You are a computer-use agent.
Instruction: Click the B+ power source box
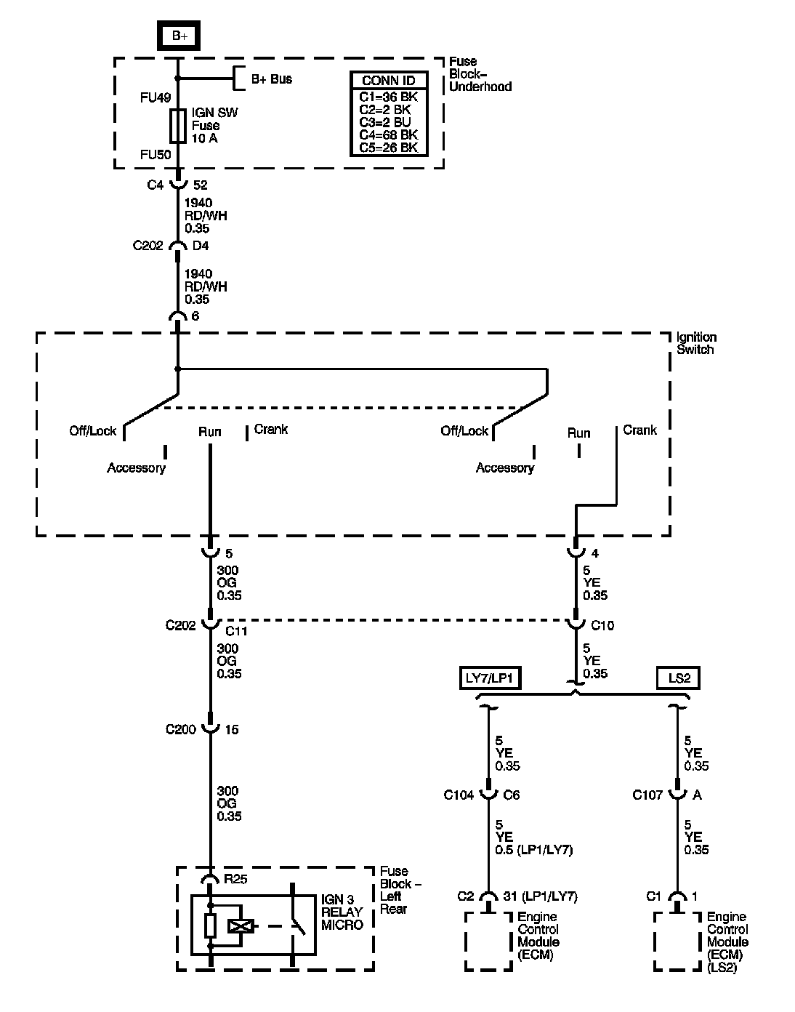[178, 36]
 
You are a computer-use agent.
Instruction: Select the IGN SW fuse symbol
[177, 126]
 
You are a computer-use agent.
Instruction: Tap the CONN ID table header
[389, 81]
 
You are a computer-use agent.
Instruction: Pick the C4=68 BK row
[389, 134]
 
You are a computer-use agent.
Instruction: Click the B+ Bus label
[272, 79]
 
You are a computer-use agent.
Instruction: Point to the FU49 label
[156, 97]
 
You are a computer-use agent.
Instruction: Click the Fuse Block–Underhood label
[480, 74]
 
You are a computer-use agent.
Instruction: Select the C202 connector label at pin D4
[149, 246]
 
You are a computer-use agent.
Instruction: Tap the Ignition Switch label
[696, 343]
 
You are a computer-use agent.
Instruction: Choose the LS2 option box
[679, 678]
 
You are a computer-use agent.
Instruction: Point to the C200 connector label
[181, 729]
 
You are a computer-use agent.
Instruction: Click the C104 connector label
[459, 795]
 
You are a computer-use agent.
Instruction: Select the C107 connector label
[647, 795]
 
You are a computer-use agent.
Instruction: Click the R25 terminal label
[235, 879]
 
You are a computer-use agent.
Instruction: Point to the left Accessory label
[136, 467]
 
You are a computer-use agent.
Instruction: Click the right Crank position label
[639, 430]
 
